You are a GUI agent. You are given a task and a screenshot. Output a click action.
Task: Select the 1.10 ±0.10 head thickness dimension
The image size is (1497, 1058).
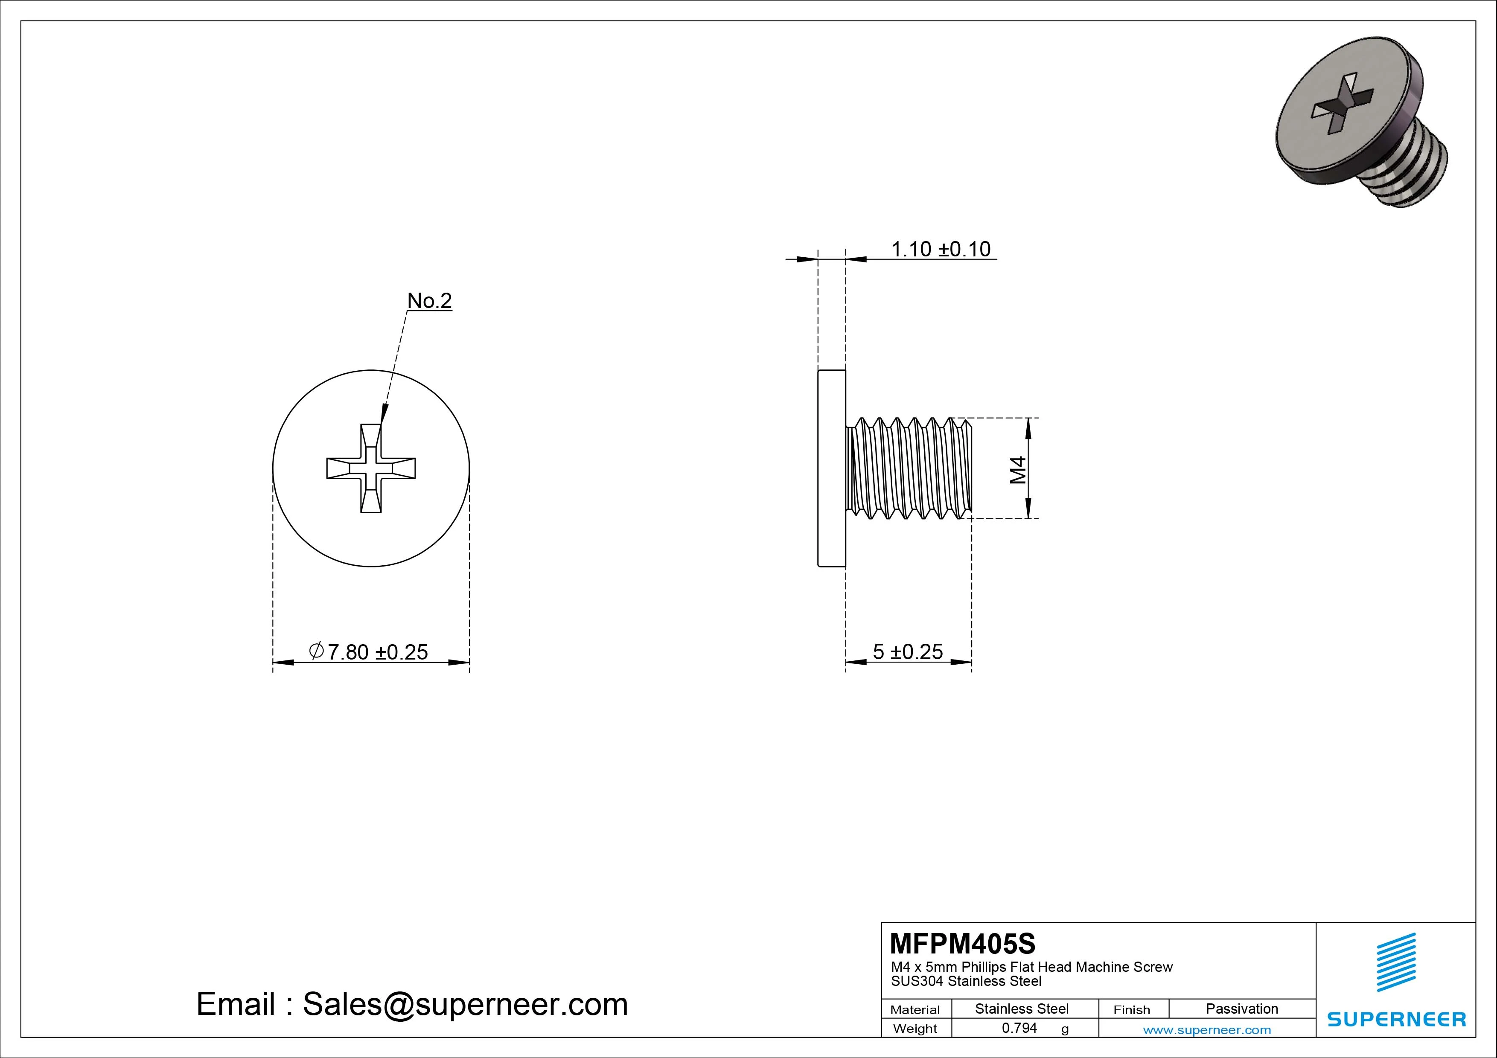[940, 249]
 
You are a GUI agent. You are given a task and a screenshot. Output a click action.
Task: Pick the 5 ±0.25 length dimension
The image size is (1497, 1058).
[908, 651]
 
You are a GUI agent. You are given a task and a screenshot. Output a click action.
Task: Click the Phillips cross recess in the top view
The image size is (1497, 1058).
[371, 468]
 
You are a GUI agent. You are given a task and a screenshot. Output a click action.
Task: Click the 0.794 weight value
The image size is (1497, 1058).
[1019, 1028]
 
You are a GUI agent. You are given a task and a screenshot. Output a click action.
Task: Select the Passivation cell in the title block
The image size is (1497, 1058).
[1241, 1009]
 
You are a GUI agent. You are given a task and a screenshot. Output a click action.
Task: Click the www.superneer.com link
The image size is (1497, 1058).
[1207, 1030]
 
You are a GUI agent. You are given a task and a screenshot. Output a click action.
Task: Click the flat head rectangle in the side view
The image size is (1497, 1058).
[831, 468]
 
